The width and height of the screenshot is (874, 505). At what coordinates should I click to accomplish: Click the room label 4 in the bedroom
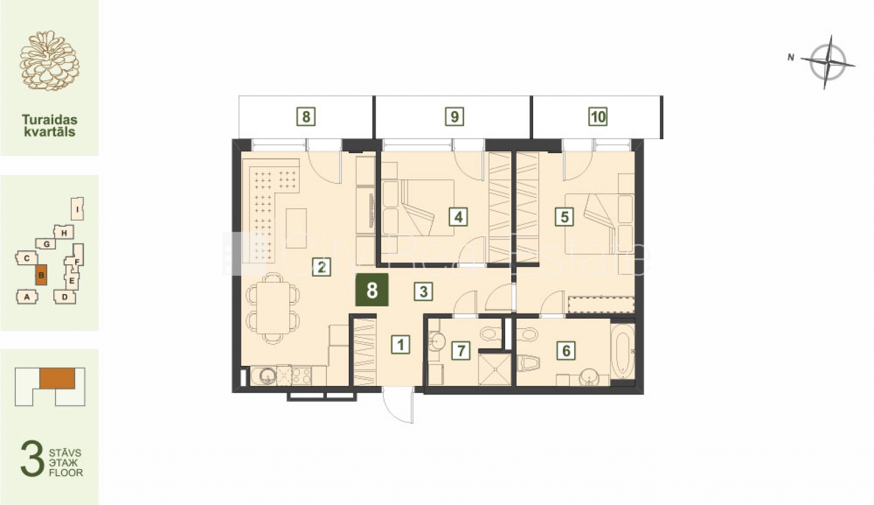pos(459,217)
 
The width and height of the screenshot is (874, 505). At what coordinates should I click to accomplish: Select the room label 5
pos(565,217)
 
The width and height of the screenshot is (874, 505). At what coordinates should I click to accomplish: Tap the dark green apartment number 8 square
pos(372,290)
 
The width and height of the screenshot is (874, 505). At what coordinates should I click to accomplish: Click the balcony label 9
pos(455,116)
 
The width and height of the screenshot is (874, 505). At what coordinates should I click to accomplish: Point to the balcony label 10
pos(598,116)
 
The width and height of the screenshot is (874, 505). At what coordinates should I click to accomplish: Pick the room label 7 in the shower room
pos(461,350)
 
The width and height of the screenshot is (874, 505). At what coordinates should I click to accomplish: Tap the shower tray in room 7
pos(494,369)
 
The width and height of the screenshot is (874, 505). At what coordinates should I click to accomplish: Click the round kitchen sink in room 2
pos(268,376)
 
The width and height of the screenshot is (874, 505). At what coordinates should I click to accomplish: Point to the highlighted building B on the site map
pos(41,275)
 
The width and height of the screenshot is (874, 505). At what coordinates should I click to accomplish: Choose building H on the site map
pos(64,233)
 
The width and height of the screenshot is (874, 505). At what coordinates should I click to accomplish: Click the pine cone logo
pos(49,61)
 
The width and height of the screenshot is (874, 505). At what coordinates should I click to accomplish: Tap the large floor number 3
pos(33,458)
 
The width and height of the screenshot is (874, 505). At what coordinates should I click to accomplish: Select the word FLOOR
pos(66,472)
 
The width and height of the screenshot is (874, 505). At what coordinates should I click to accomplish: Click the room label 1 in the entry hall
pos(401,345)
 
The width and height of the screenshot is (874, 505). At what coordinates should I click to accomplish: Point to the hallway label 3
pos(423,291)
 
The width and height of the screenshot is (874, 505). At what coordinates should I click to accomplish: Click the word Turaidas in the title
pos(49,119)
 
